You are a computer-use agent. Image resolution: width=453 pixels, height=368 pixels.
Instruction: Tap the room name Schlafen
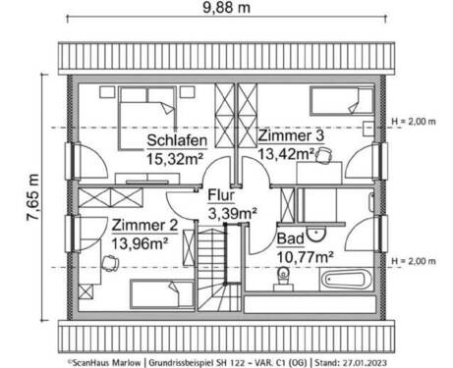pyautogui.click(x=177, y=139)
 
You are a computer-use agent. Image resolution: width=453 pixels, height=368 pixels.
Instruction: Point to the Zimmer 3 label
pyautogui.click(x=288, y=135)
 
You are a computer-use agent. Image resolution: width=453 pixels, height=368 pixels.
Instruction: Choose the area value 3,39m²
pyautogui.click(x=232, y=211)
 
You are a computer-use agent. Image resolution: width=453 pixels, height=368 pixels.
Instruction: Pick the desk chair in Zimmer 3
pyautogui.click(x=325, y=156)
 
